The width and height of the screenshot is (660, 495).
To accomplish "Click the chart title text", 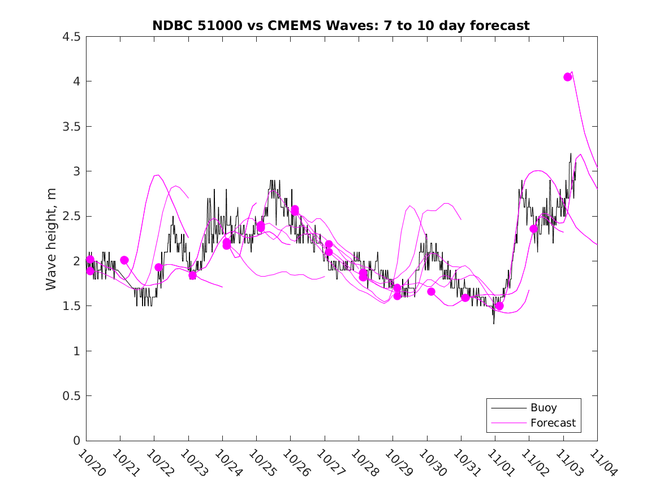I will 341,25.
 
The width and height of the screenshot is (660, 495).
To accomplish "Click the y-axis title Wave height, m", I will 51,239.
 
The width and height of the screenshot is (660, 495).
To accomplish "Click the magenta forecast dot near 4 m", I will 568,77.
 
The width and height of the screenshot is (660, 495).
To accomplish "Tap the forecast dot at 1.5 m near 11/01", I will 499,306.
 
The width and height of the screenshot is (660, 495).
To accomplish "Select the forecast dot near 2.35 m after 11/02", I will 533,229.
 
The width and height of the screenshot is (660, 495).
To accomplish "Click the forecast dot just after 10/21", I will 124,260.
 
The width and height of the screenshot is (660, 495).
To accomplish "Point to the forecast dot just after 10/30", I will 431,292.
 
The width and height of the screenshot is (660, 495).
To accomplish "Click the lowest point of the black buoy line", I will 494,324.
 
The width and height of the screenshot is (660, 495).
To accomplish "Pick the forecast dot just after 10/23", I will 192,276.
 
